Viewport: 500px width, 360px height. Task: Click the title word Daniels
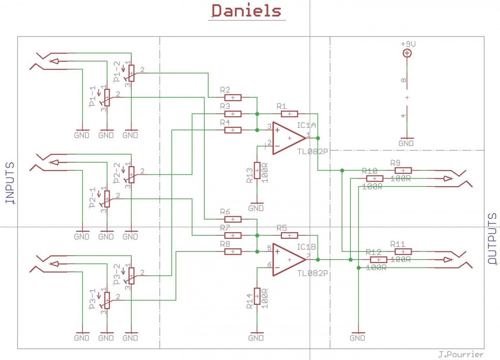[x=246, y=11]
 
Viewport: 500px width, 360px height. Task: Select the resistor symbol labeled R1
[x=289, y=114]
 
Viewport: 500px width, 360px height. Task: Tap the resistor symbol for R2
[x=233, y=97]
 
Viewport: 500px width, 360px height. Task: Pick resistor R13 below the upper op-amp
[x=257, y=170]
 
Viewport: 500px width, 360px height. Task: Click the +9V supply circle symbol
[x=407, y=53]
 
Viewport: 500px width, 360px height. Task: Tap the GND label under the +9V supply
[x=406, y=143]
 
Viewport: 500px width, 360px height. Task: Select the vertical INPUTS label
[x=10, y=183]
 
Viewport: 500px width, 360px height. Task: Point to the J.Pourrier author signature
[x=461, y=355]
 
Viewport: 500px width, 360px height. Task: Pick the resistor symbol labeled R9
[x=403, y=170]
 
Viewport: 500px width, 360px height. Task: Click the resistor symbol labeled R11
[x=403, y=251]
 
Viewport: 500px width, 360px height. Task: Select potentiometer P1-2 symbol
[x=131, y=73]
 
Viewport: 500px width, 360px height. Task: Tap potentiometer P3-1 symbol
[x=107, y=300]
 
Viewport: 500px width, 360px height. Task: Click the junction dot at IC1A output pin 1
[x=318, y=138]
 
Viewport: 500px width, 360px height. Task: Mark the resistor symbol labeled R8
[x=233, y=251]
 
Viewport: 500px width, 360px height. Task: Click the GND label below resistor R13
[x=256, y=208]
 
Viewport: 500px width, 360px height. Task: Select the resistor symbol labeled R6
[x=233, y=219]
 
